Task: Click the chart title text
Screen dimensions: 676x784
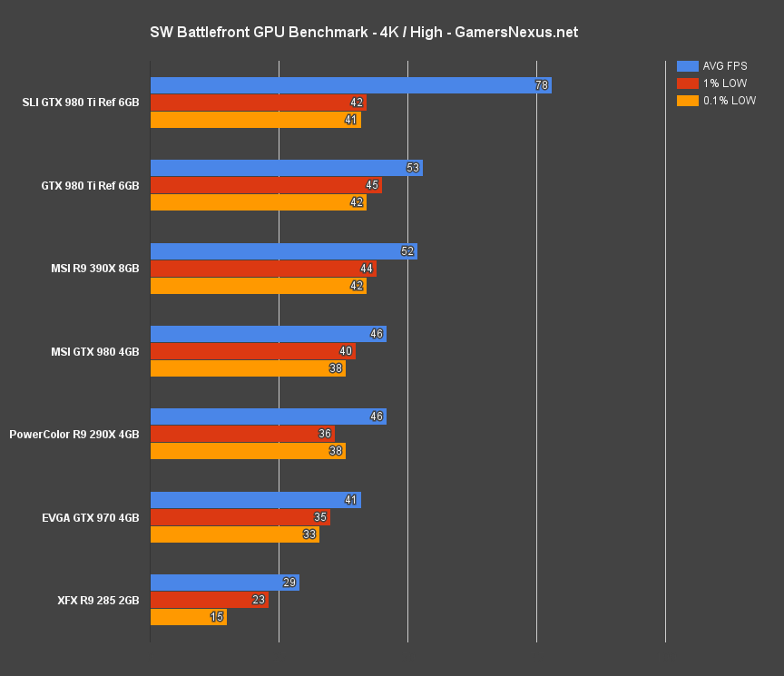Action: [x=364, y=33]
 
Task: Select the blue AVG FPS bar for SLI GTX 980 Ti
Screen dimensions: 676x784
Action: [x=350, y=85]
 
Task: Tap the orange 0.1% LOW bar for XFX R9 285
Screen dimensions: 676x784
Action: [x=188, y=617]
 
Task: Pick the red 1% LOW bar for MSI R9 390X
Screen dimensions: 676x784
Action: [x=262, y=269]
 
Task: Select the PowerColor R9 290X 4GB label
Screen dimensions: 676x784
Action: [x=74, y=435]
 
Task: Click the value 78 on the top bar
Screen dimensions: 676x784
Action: [x=542, y=85]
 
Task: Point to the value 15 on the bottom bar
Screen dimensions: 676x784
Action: [x=218, y=617]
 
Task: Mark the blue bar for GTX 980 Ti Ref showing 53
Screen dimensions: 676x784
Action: [x=286, y=168]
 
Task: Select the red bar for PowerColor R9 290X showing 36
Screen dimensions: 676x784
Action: [x=241, y=434]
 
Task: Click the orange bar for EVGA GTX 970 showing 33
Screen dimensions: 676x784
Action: [x=234, y=534]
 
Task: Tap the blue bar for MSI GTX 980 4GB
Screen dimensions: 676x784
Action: [x=268, y=334]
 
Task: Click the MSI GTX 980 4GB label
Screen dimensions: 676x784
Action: [x=93, y=351]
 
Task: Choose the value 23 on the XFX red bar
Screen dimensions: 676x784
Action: [x=259, y=600]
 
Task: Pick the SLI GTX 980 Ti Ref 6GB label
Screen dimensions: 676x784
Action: [x=81, y=103]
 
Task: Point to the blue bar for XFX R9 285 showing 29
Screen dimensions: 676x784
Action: [x=224, y=583]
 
